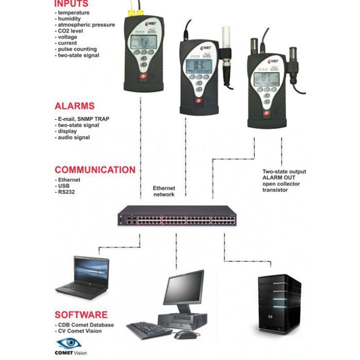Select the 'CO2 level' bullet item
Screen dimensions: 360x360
(x=71, y=31)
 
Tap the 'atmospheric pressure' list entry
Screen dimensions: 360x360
(x=86, y=25)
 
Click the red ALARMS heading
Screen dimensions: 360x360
(x=75, y=106)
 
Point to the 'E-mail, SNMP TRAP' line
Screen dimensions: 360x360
(x=83, y=119)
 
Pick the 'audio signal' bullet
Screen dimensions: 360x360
(x=74, y=137)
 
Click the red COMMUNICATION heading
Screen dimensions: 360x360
(x=95, y=170)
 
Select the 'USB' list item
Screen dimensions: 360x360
(x=64, y=186)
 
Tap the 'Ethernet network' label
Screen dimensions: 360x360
(x=164, y=191)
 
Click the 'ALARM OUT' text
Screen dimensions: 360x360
(x=278, y=177)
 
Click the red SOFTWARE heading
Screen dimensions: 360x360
(x=81, y=315)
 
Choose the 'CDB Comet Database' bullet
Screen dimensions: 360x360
(x=86, y=325)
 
